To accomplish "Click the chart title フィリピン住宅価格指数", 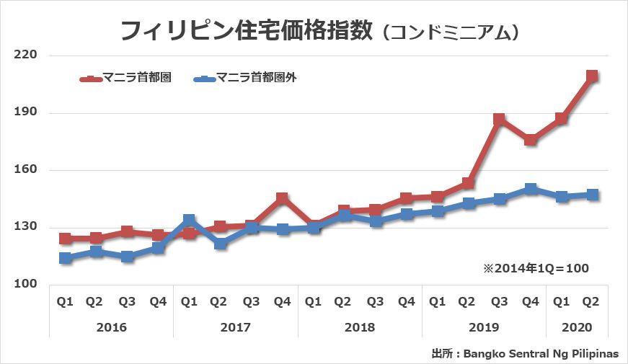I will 245,31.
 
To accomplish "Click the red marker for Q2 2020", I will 592,76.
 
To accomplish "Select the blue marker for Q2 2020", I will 592,195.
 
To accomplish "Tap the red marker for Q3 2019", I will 499,119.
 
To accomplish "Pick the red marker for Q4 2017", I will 282,198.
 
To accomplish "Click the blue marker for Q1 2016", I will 65,258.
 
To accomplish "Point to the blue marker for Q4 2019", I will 530,189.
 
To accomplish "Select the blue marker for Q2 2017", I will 220,244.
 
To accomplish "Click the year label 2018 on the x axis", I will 359,327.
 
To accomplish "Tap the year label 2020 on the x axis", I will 577,327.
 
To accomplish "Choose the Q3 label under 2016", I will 127,302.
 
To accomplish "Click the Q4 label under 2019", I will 530,302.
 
